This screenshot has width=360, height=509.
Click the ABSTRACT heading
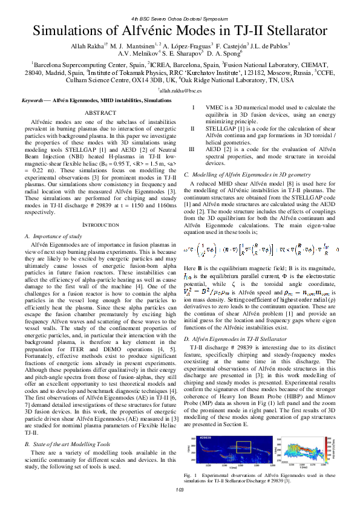[x=100, y=113]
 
